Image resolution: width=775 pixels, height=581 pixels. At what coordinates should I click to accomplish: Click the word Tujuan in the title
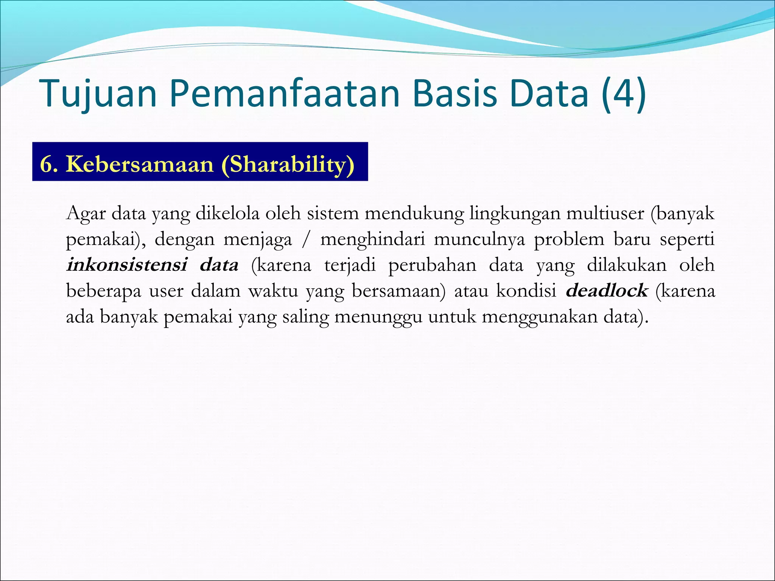tap(98, 94)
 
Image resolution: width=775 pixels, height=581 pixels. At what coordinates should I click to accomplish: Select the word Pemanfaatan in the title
tap(284, 94)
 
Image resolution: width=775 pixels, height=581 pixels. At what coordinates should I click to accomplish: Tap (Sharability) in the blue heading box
tap(288, 165)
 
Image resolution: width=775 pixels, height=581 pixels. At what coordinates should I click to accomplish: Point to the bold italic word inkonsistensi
tap(127, 265)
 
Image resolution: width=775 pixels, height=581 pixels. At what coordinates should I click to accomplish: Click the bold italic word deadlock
tap(607, 290)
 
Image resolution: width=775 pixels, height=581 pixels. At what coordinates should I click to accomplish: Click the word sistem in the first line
tap(333, 213)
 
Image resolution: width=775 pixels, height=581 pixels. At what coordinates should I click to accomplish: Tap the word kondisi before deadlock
tap(526, 290)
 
